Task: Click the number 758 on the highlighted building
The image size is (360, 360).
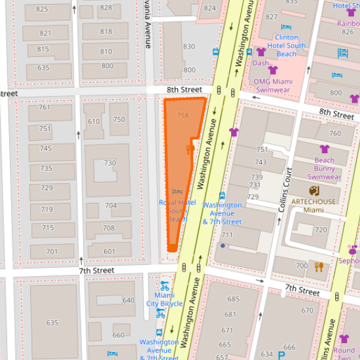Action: pyautogui.click(x=183, y=115)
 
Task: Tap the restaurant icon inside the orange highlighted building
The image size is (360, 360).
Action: pyautogui.click(x=189, y=150)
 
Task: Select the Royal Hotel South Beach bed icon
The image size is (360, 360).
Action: pyautogui.click(x=177, y=192)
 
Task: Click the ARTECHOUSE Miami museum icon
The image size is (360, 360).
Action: pyautogui.click(x=315, y=191)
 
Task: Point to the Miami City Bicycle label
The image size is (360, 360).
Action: pyautogui.click(x=164, y=300)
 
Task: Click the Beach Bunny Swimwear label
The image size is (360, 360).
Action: pyautogui.click(x=324, y=168)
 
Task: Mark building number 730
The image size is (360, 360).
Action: pyautogui.click(x=110, y=163)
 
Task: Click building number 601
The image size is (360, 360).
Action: pyautogui.click(x=109, y=251)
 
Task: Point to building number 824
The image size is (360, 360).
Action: pyautogui.click(x=209, y=8)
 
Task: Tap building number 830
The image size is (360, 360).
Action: pyautogui.click(x=189, y=46)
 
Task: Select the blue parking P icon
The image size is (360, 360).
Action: pyautogui.click(x=281, y=355)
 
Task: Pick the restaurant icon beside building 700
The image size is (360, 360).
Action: pyautogui.click(x=319, y=266)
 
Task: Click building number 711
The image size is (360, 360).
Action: pyautogui.click(x=227, y=235)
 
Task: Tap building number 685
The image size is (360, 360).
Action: pyautogui.click(x=233, y=299)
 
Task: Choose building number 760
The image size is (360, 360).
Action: pyautogui.click(x=334, y=134)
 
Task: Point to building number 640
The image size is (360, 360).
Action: pyautogui.click(x=128, y=300)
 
